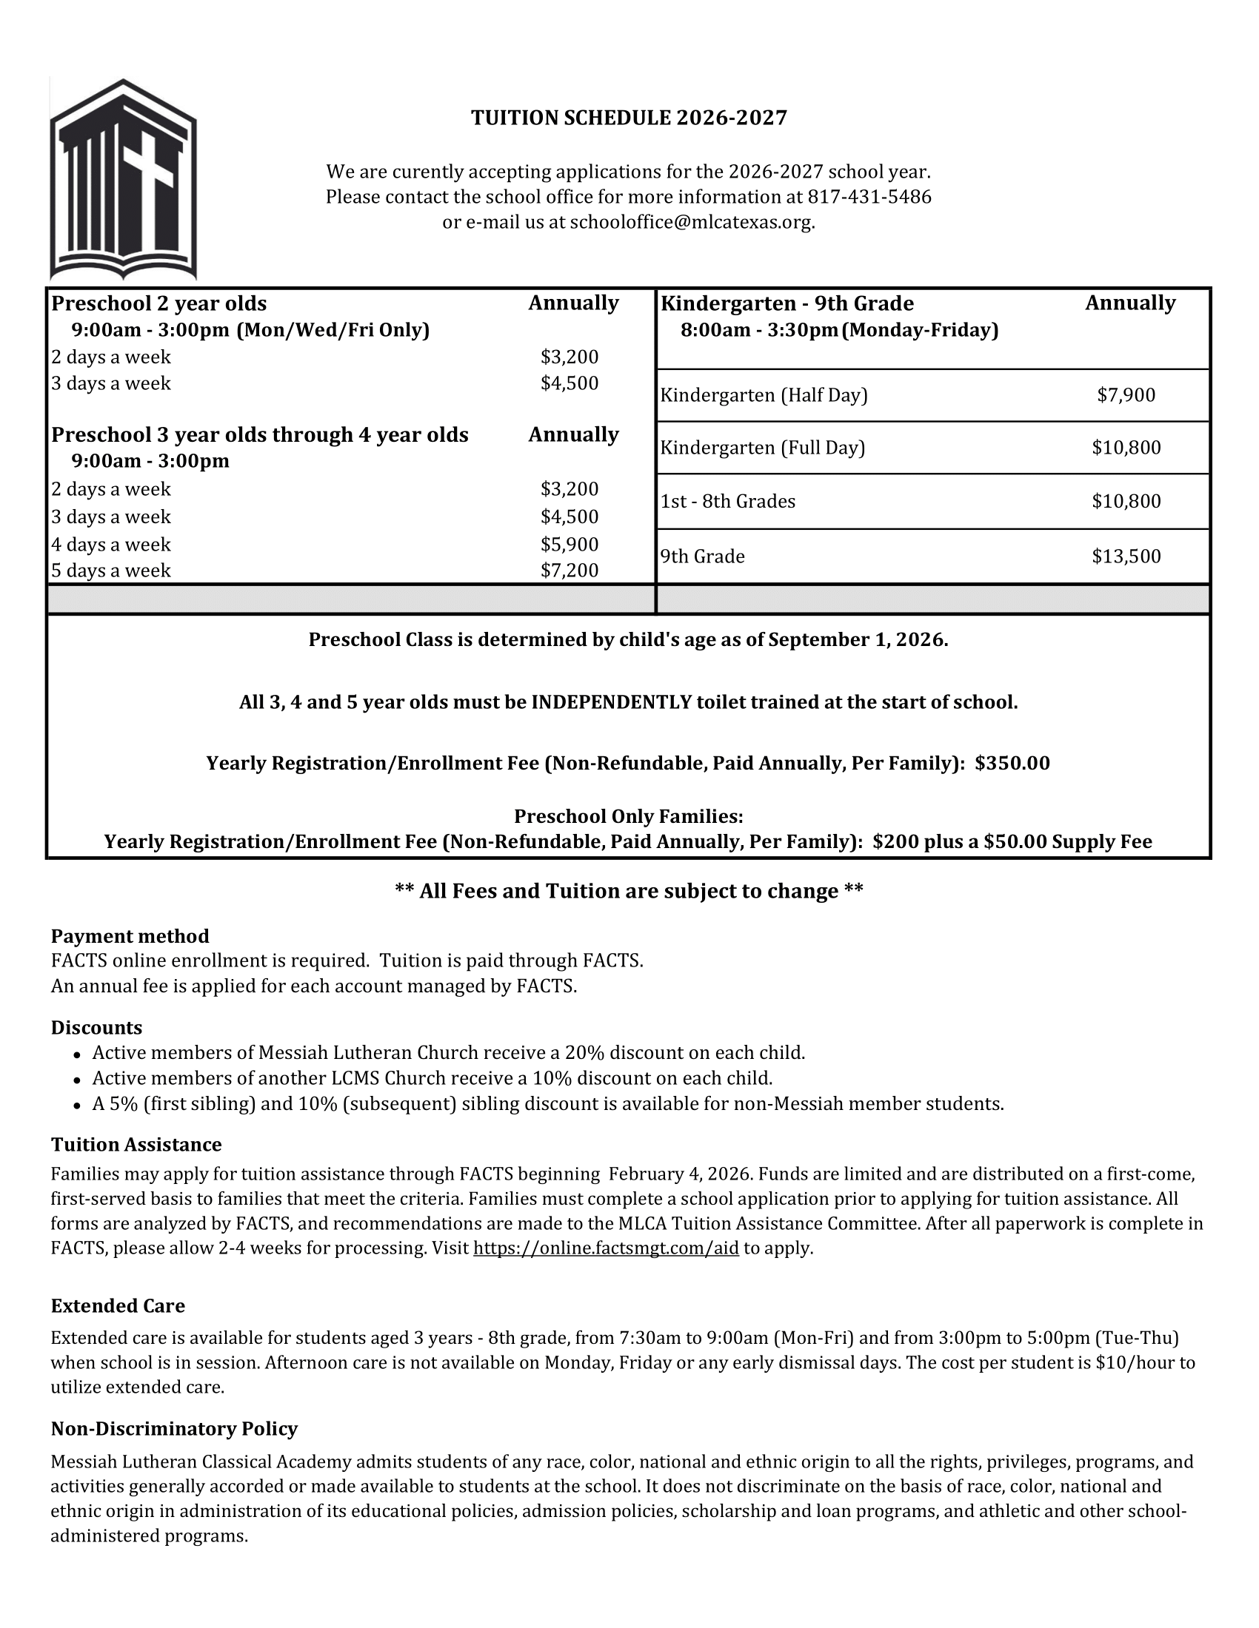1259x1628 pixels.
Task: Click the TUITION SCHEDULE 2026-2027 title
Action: point(629,118)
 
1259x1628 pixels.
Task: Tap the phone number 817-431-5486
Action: point(869,197)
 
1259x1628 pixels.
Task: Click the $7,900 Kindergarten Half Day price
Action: point(1126,395)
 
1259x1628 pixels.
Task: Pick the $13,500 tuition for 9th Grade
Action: point(1126,556)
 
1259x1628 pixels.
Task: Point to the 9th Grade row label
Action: point(703,556)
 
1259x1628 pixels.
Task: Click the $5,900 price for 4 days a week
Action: point(569,544)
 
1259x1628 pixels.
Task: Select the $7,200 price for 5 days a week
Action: point(569,571)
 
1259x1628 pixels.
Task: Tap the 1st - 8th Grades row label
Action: point(728,501)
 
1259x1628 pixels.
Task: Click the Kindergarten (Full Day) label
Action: point(762,448)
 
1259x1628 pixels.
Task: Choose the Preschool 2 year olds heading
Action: point(159,303)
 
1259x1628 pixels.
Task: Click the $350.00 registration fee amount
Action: point(1012,764)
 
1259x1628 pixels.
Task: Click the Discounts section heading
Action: point(96,1028)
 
